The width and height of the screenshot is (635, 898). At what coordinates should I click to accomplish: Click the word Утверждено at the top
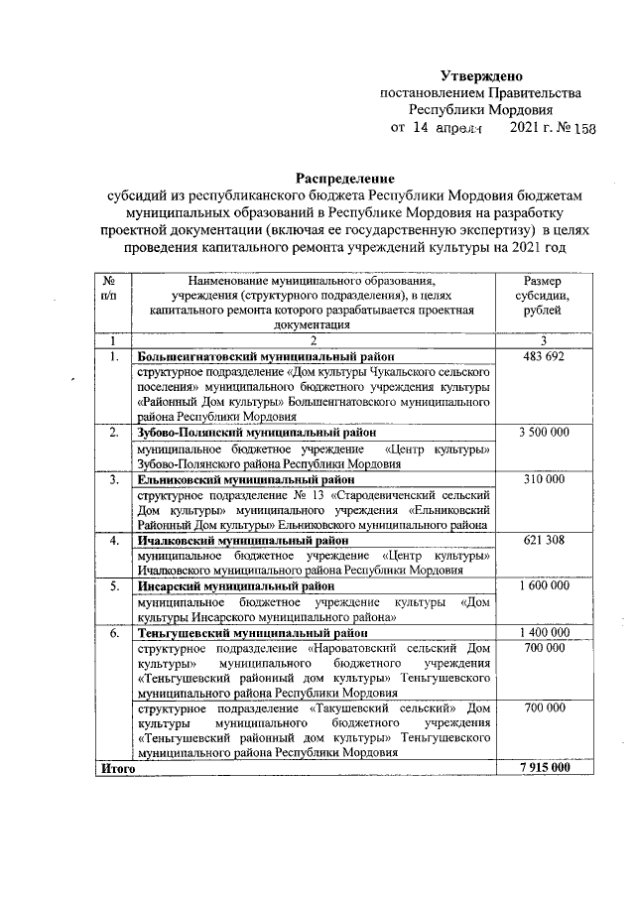tap(481, 76)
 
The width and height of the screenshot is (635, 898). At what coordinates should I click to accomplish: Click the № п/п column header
tap(112, 289)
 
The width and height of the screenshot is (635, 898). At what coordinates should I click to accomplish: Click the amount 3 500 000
tap(546, 433)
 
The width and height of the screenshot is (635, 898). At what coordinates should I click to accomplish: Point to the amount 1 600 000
tap(546, 587)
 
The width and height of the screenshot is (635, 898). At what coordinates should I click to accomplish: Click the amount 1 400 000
tap(546, 633)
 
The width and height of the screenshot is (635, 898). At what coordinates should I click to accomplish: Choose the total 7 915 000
tap(546, 769)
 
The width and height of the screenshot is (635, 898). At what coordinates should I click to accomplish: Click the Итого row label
tap(115, 769)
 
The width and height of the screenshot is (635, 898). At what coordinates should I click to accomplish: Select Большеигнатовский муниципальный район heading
tap(266, 355)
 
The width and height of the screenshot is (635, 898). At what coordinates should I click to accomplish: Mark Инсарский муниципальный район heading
tap(238, 587)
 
